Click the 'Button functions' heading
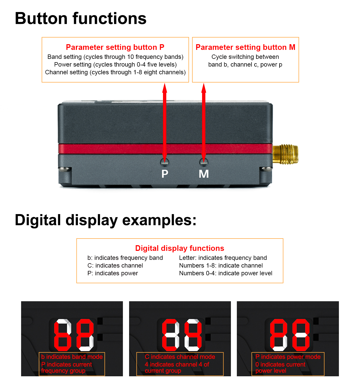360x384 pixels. click(x=80, y=18)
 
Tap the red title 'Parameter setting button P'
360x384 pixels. click(x=115, y=47)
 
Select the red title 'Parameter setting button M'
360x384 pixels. click(x=245, y=47)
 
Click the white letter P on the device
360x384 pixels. click(x=165, y=174)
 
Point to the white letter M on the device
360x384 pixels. click(x=203, y=174)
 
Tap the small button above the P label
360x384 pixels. click(x=165, y=162)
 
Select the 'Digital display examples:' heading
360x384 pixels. click(x=106, y=220)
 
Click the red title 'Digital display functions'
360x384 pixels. click(x=179, y=248)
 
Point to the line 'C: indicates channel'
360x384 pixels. click(x=115, y=266)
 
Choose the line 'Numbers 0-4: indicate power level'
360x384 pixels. click(x=226, y=273)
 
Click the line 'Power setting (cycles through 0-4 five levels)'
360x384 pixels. click(x=115, y=65)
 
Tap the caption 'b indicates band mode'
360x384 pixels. click(x=72, y=356)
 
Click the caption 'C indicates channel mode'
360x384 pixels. click(x=180, y=356)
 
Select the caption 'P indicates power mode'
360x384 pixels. click(x=288, y=356)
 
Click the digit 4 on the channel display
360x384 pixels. click(x=193, y=335)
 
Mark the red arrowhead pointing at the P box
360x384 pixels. click(x=165, y=88)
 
